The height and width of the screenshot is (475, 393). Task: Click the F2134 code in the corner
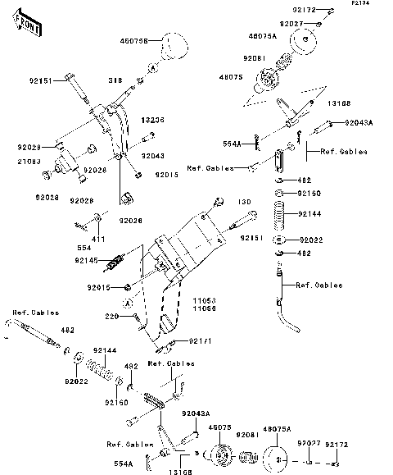pyautogui.click(x=361, y=4)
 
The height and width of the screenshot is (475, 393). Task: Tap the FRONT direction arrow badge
pyautogui.click(x=28, y=26)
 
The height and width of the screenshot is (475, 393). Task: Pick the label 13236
pyautogui.click(x=153, y=120)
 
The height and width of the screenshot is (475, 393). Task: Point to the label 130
pyautogui.click(x=244, y=202)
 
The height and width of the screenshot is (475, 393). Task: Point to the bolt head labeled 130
pyautogui.click(x=219, y=201)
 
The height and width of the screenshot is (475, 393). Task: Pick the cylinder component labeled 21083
pyautogui.click(x=63, y=164)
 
